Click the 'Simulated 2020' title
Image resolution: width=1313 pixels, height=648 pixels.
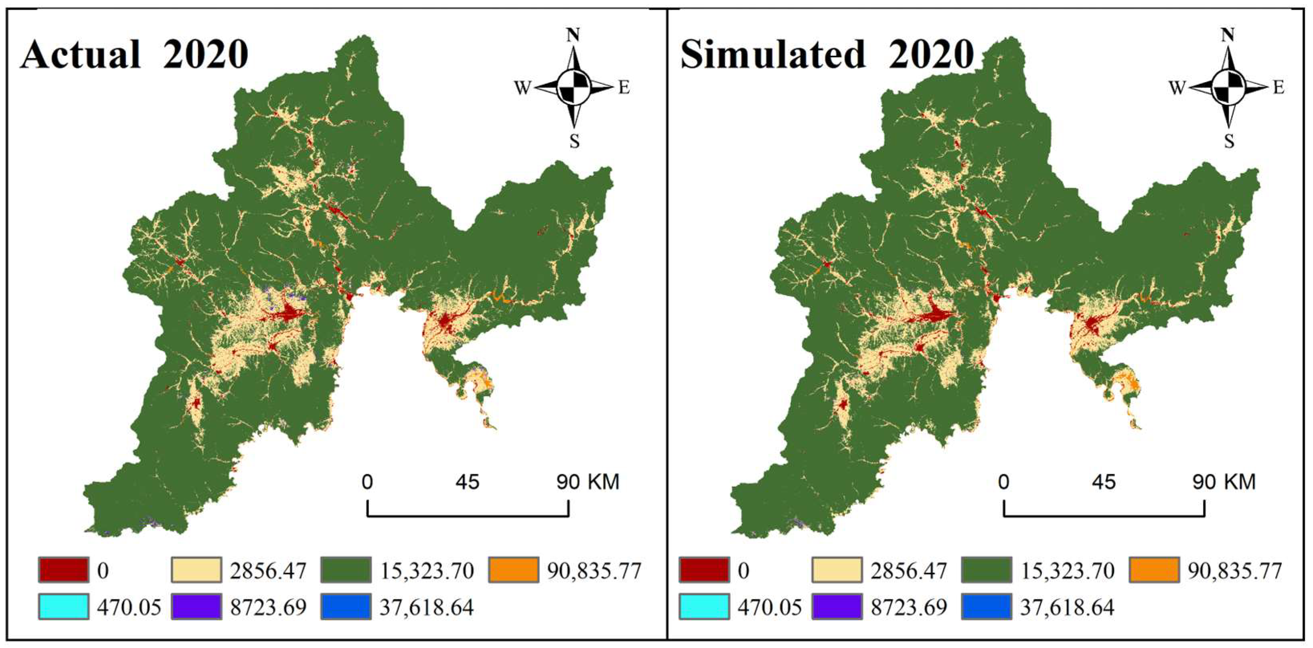(827, 55)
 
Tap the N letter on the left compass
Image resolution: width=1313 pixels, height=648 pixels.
(573, 35)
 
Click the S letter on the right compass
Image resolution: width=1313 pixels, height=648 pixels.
(1229, 141)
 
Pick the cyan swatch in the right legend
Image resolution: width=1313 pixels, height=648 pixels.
(704, 607)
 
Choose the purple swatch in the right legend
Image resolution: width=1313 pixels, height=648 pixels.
(837, 607)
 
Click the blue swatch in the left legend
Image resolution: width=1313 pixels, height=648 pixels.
(346, 607)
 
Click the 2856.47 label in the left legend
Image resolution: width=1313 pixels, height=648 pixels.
(268, 571)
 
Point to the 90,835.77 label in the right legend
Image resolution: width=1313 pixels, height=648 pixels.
(1234, 571)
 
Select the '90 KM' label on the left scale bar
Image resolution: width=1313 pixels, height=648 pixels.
(588, 482)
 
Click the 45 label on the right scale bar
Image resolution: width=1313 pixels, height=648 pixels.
(1104, 482)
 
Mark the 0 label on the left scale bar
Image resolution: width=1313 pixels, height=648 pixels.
(367, 482)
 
